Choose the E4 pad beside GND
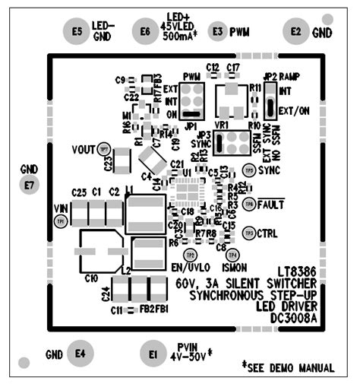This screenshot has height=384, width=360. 80,353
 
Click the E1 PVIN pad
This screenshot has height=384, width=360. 153,354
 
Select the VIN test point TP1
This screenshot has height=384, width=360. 61,221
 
